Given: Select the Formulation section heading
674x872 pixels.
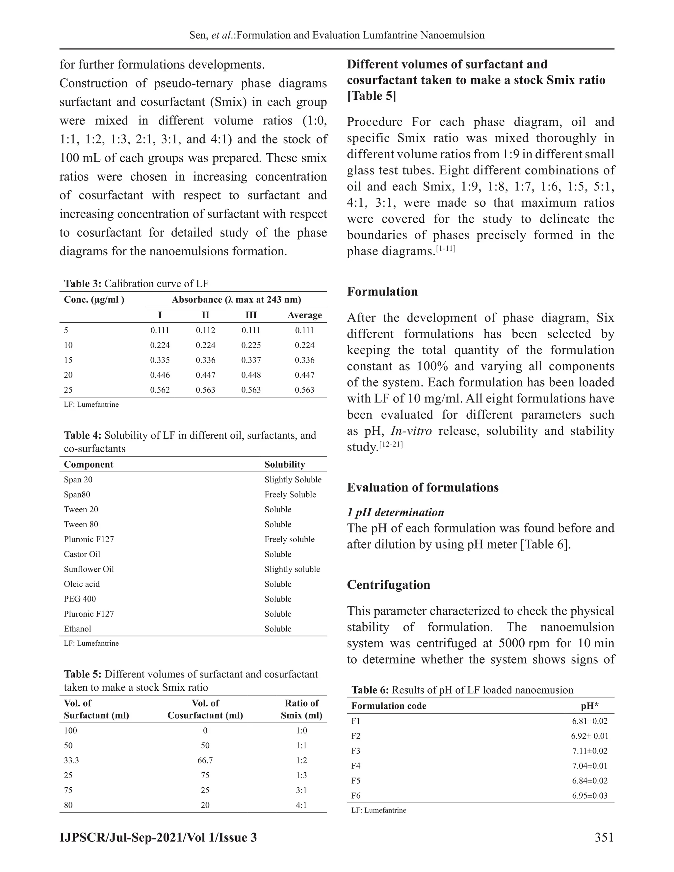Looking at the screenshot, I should (382, 292).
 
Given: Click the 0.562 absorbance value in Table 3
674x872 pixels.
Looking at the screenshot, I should (160, 390).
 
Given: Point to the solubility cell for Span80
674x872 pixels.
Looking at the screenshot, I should (290, 494).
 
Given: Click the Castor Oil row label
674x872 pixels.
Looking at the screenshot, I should (82, 554).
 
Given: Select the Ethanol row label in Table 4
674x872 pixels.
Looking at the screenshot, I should (77, 629).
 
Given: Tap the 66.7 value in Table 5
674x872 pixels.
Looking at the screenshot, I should (205, 760).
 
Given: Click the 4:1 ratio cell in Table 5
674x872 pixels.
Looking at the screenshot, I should (301, 805).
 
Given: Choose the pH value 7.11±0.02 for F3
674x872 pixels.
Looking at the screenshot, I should (589, 751).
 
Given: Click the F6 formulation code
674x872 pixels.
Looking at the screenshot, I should (356, 795).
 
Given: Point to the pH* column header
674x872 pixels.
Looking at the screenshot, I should (589, 706).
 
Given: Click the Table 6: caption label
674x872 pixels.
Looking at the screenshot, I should (370, 690).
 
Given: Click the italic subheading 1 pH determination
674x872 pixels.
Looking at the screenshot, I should (395, 512).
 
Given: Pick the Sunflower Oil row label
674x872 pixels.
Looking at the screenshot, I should (89, 569).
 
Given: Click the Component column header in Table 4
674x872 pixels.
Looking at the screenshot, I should (88, 464).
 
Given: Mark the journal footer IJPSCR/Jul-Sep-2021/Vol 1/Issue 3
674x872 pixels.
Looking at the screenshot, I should (158, 837).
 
